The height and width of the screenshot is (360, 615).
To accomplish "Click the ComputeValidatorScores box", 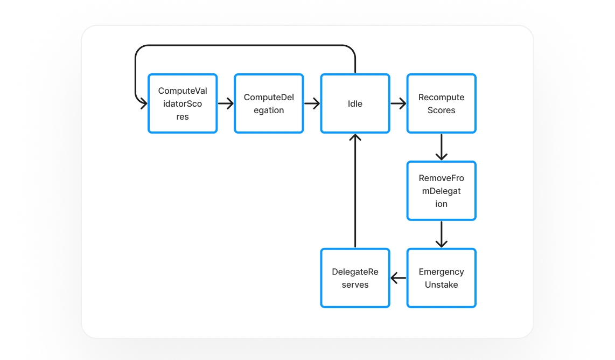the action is click(183, 103).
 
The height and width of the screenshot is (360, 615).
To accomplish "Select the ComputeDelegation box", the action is click(269, 103).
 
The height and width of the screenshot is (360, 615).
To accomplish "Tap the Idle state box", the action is click(355, 103).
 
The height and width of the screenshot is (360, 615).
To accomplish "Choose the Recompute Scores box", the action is click(441, 103).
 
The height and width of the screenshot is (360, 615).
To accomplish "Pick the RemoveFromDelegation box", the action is click(441, 191).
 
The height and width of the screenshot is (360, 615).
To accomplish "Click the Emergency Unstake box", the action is click(441, 278).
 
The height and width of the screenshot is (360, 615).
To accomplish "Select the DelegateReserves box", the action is click(355, 278).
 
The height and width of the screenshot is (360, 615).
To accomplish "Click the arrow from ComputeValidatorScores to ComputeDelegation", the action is click(226, 103).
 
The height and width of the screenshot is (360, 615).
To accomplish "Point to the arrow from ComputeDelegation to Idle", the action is click(312, 103).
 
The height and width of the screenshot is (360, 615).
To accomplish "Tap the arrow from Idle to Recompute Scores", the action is click(399, 103).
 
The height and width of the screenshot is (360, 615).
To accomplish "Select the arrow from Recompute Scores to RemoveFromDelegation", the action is click(441, 147).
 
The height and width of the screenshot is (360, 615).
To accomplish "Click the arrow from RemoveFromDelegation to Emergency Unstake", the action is click(441, 234).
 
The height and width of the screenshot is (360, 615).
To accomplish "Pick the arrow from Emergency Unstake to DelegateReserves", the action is click(399, 278).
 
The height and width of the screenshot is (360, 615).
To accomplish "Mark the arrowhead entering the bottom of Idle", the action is click(355, 137).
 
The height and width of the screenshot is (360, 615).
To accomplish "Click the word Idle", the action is click(355, 103).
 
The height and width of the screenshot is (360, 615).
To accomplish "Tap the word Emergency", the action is click(441, 272).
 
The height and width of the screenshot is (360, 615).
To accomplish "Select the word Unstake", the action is click(441, 285).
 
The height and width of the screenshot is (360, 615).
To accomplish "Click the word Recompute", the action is click(441, 98).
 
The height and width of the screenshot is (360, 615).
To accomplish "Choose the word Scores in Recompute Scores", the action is click(441, 110).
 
